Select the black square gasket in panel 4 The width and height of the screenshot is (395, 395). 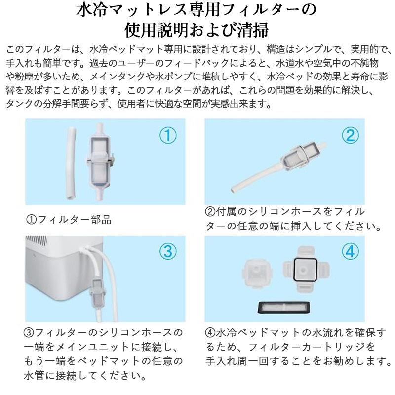point(302,269)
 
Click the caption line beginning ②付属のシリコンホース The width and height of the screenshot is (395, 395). point(285,211)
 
